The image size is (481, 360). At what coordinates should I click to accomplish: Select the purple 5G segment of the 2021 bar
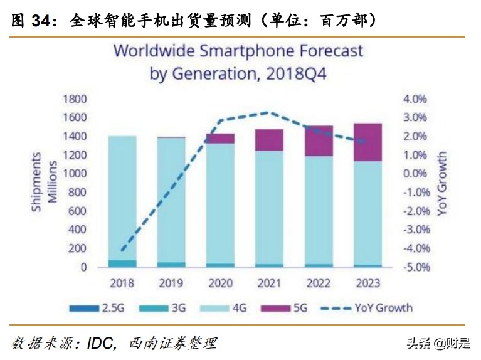269,140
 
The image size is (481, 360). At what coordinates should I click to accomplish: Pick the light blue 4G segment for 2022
319,210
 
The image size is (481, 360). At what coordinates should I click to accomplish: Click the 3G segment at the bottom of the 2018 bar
122,263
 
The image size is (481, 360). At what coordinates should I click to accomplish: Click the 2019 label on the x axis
171,283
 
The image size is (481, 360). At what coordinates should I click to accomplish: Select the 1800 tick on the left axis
73,99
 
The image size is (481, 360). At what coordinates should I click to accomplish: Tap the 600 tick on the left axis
77,211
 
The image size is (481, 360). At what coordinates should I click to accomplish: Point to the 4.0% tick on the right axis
415,99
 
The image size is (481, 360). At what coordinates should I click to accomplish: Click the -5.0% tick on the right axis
415,267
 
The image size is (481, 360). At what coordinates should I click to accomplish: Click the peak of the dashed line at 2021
269,113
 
